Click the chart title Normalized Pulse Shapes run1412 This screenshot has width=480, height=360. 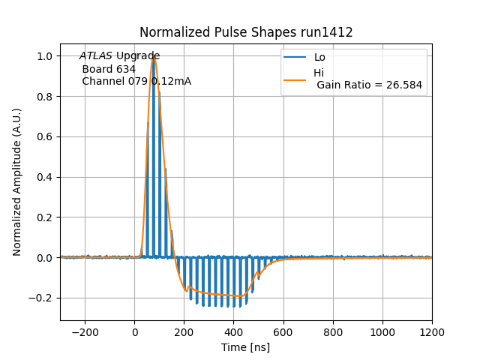(x=246, y=32)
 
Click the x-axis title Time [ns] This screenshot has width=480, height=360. (x=245, y=347)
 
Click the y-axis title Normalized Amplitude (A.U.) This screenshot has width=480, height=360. (x=17, y=181)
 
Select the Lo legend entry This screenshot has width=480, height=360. (x=319, y=57)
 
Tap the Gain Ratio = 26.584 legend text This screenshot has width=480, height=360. (x=369, y=85)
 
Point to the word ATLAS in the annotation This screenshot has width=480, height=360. (x=96, y=56)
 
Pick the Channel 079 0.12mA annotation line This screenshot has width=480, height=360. (x=136, y=82)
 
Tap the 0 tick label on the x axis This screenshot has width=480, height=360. (x=135, y=332)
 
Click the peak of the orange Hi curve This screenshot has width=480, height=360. (x=154, y=56)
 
